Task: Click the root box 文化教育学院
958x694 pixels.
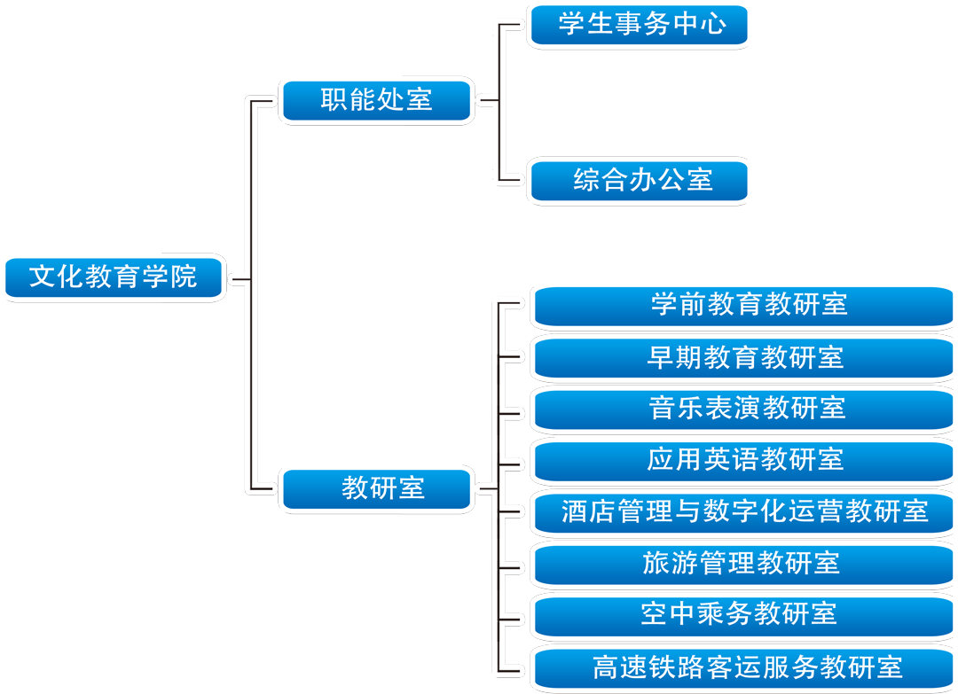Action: coord(114,277)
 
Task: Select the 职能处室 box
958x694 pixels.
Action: coord(377,99)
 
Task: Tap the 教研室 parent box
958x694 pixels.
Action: coord(377,488)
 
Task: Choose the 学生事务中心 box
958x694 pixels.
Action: coord(638,24)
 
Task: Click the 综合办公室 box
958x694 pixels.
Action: coord(638,181)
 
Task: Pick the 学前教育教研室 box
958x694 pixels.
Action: coord(743,306)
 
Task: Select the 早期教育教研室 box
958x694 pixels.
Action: coord(743,357)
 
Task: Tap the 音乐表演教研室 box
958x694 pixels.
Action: coord(743,409)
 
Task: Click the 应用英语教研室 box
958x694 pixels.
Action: coord(743,460)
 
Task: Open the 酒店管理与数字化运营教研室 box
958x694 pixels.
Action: coord(743,511)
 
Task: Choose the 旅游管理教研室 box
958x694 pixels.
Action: coord(743,563)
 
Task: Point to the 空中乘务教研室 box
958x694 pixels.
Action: coord(743,614)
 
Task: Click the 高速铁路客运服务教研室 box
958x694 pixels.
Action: coord(743,667)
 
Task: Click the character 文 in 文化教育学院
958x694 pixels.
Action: coord(43,277)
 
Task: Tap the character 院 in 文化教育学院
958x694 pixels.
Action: coord(184,277)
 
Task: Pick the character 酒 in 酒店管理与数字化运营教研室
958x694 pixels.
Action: coord(575,511)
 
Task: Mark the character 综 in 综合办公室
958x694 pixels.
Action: coord(586,181)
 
